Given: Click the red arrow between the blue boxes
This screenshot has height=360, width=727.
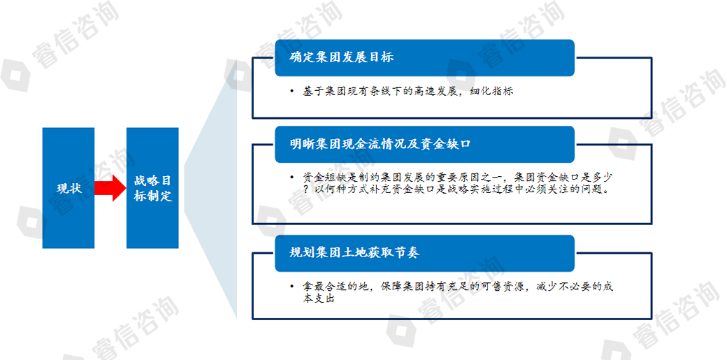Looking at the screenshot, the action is click(110, 188).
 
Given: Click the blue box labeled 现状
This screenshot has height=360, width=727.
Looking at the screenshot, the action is click(69, 188).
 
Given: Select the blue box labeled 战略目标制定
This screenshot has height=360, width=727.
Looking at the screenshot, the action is click(152, 188).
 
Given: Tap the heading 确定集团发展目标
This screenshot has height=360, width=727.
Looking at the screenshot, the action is click(341, 57).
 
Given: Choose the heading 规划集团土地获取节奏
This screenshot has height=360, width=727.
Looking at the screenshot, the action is click(354, 253).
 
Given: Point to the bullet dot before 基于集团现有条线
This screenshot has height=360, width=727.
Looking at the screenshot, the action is click(291, 92).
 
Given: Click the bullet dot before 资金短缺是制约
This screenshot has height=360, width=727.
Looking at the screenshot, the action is click(291, 178).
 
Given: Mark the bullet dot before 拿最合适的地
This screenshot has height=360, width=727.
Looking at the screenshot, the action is click(291, 287).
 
